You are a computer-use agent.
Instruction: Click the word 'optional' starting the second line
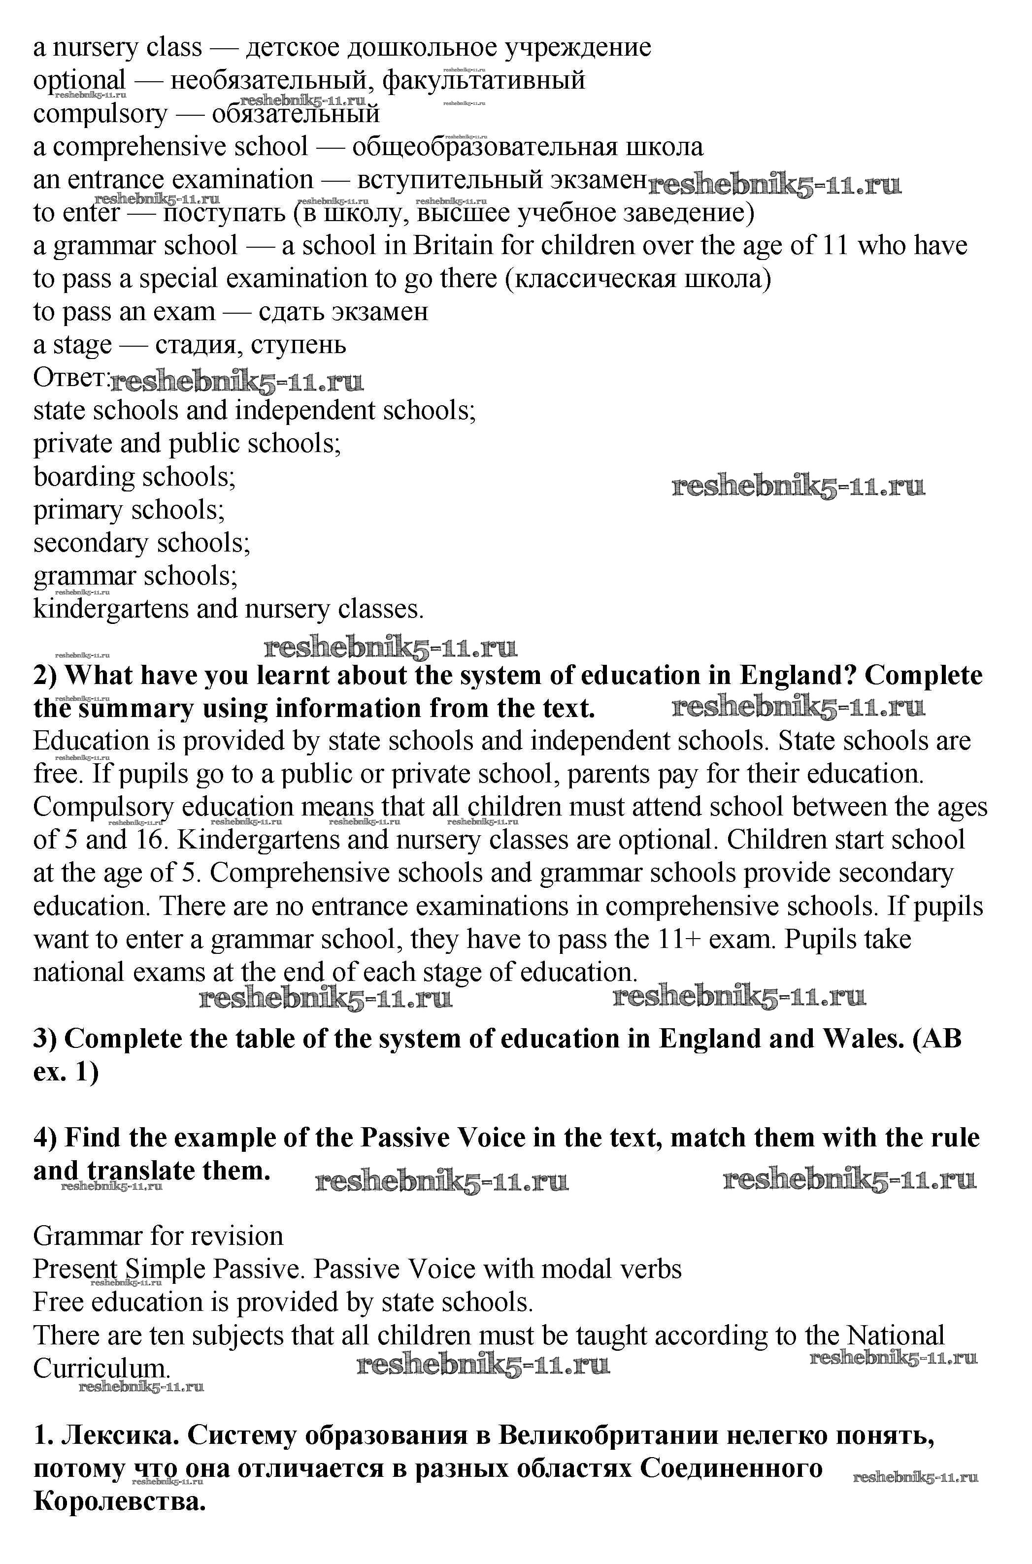pyautogui.click(x=79, y=81)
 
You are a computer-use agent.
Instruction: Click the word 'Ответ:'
pyautogui.click(x=70, y=378)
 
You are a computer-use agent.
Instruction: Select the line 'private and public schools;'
pyautogui.click(x=188, y=444)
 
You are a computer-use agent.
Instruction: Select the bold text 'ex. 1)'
pyautogui.click(x=66, y=1072)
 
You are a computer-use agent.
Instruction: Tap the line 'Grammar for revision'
pyautogui.click(x=158, y=1237)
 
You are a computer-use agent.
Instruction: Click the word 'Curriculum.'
pyautogui.click(x=102, y=1368)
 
